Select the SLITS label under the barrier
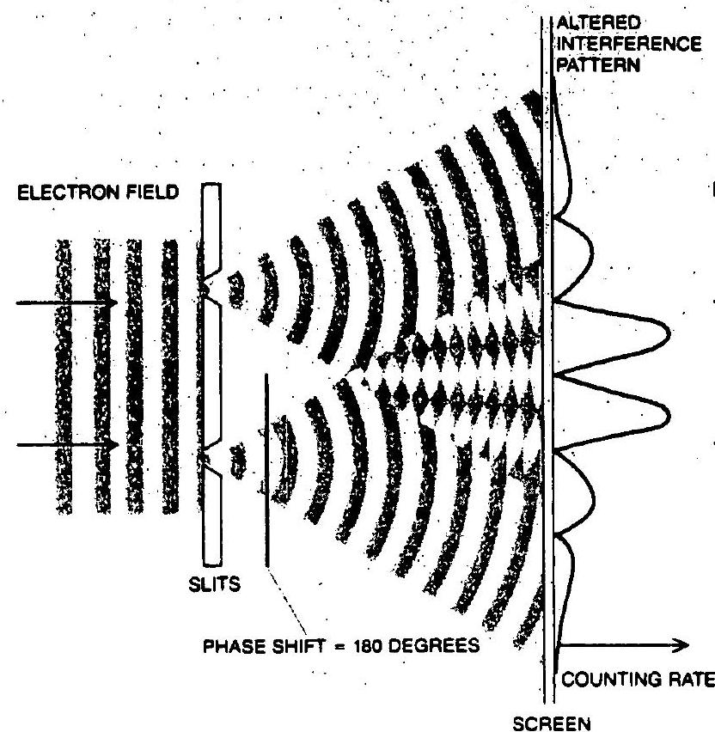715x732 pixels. (x=214, y=584)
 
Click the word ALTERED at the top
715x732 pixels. (x=598, y=22)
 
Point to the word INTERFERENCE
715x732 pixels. (x=629, y=44)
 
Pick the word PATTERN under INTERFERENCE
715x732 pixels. (x=598, y=65)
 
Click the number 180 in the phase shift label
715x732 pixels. (x=369, y=647)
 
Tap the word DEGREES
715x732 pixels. (x=434, y=646)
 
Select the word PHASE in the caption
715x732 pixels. (x=235, y=647)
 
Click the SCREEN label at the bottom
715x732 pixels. (x=552, y=723)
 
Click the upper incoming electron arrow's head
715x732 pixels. (x=111, y=303)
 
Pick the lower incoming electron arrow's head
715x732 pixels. (x=112, y=444)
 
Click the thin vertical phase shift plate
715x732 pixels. (x=266, y=470)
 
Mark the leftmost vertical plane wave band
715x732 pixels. (x=64, y=376)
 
